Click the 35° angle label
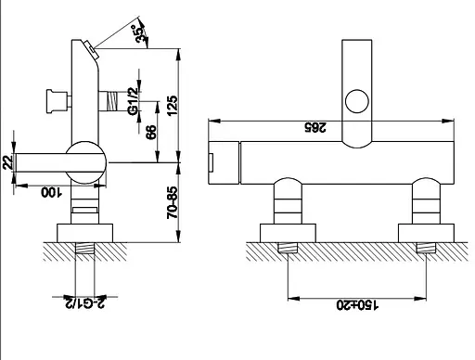[x=139, y=33]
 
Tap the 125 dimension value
[x=173, y=106]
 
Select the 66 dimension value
[x=151, y=132]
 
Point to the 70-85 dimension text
[x=173, y=202]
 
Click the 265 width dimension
[x=315, y=127]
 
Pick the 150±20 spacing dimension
[x=357, y=305]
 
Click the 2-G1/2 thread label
[x=84, y=302]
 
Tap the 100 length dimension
[x=52, y=192]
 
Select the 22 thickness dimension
[x=7, y=161]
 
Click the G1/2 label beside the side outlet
[x=134, y=101]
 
